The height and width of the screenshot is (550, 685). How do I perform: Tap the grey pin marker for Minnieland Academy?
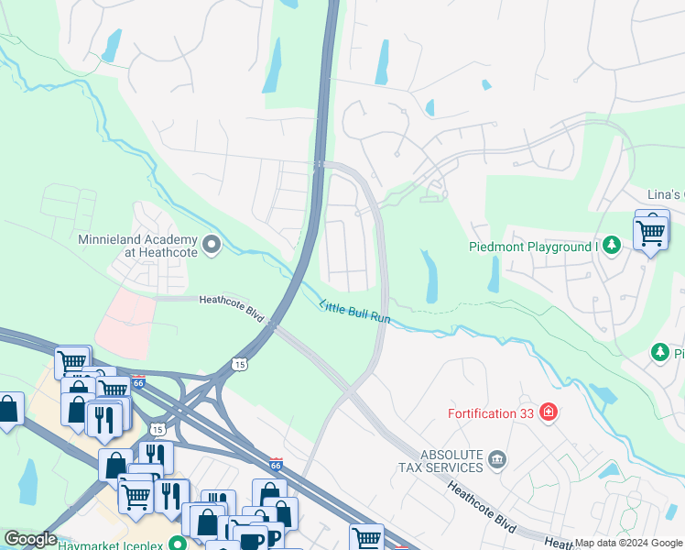point(212,245)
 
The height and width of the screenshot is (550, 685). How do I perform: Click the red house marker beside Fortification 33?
point(549,412)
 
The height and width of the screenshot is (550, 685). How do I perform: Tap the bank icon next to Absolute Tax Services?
point(497,458)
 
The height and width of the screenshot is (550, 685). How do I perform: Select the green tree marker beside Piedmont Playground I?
point(613,245)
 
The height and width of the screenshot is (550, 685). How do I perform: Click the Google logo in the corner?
point(30,539)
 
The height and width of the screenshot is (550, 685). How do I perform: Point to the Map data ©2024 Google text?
point(629,543)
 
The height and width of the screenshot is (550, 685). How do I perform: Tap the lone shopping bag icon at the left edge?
point(8,408)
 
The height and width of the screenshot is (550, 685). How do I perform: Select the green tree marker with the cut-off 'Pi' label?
point(658,352)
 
